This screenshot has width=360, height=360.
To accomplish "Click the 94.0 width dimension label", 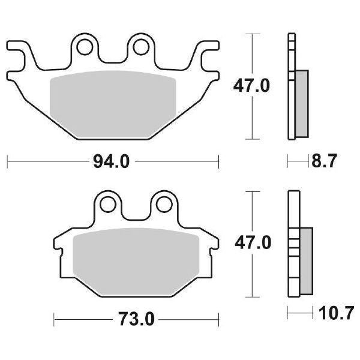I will [112, 161].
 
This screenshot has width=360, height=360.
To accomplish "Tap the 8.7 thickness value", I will [325, 161].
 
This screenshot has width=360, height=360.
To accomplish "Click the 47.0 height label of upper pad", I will [251, 85].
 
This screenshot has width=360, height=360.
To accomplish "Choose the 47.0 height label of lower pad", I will [251, 242].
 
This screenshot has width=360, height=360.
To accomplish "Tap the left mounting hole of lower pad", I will [109, 204].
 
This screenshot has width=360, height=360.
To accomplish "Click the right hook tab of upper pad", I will [207, 49].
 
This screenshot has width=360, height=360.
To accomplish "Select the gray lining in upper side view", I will [302, 102].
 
